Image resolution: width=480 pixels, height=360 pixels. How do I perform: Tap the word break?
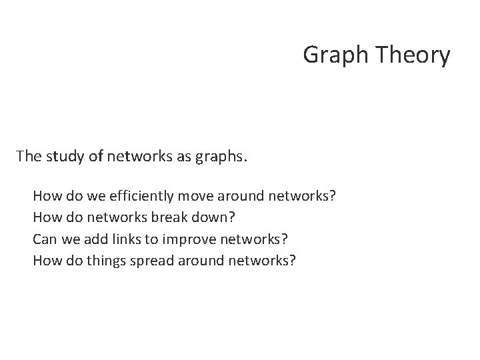click(x=161, y=217)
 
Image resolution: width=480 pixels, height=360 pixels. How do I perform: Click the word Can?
click(x=44, y=239)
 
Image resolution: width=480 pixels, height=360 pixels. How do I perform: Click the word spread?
click(x=149, y=260)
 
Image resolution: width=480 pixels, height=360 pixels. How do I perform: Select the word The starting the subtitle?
click(x=29, y=157)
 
